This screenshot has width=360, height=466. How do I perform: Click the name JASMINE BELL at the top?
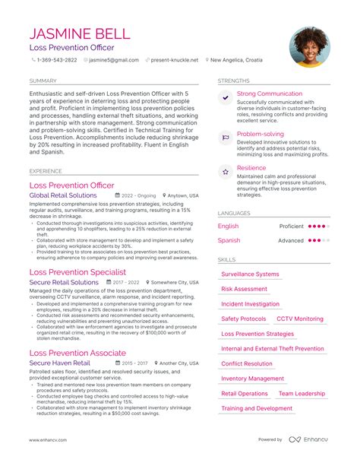click(80, 34)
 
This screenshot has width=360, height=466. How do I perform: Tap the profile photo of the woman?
click(309, 47)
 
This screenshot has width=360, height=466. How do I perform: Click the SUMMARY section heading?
click(43, 81)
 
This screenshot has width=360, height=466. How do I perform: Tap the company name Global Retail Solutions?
click(63, 195)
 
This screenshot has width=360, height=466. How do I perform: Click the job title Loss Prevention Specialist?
click(77, 271)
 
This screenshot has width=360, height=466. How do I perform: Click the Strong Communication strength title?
click(269, 94)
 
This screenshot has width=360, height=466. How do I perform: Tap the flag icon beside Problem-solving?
click(226, 138)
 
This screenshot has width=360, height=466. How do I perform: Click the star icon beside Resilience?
click(226, 173)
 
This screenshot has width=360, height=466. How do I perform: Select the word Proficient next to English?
click(291, 226)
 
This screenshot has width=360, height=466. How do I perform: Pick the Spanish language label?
click(229, 240)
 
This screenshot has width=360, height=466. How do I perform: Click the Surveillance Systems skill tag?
click(250, 274)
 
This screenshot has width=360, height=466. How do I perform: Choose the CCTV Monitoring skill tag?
click(299, 319)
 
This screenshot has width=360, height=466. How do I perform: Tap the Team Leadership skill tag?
click(302, 394)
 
